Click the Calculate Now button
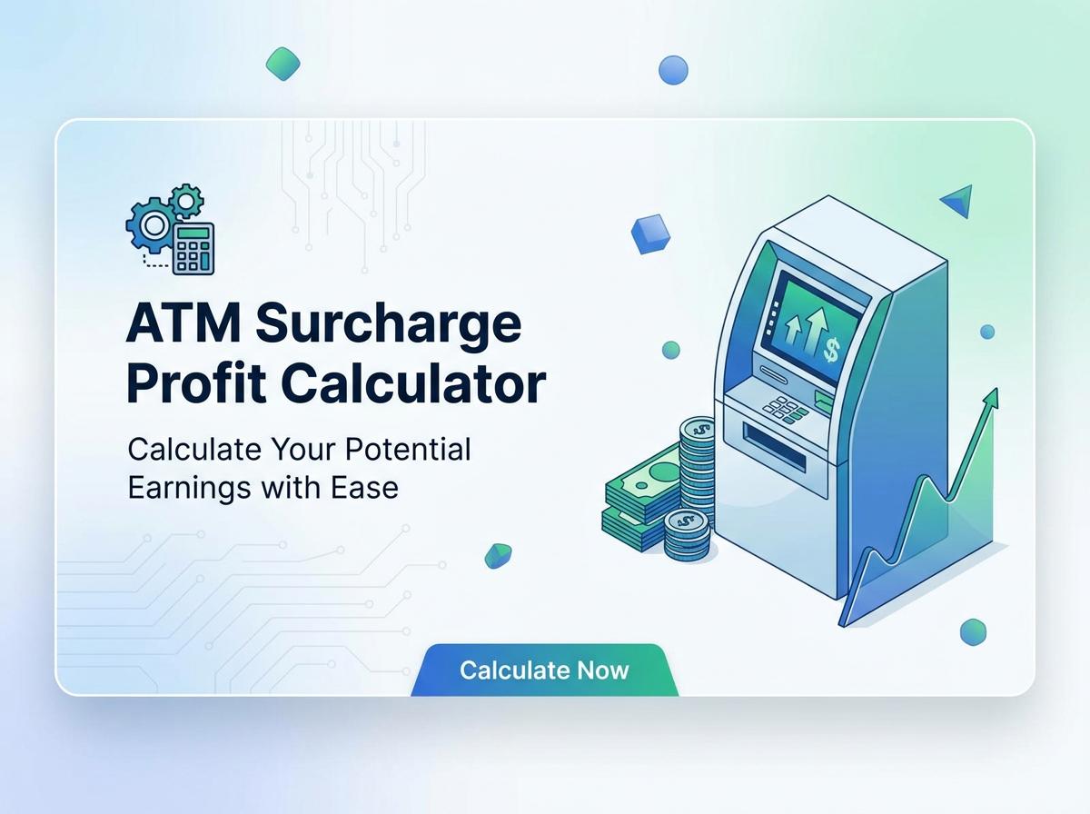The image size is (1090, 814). point(544,670)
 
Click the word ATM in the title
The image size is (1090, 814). point(183,323)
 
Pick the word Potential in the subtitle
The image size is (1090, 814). point(408,450)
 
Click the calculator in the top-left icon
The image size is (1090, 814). point(193,248)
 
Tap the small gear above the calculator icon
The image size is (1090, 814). point(185,201)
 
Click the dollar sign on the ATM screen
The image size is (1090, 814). point(831,349)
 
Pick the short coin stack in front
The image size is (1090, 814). point(687,535)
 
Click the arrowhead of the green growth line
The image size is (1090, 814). point(991,399)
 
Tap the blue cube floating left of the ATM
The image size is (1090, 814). point(650,233)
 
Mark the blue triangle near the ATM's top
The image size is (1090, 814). point(958,200)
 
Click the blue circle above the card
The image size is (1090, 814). point(673,70)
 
